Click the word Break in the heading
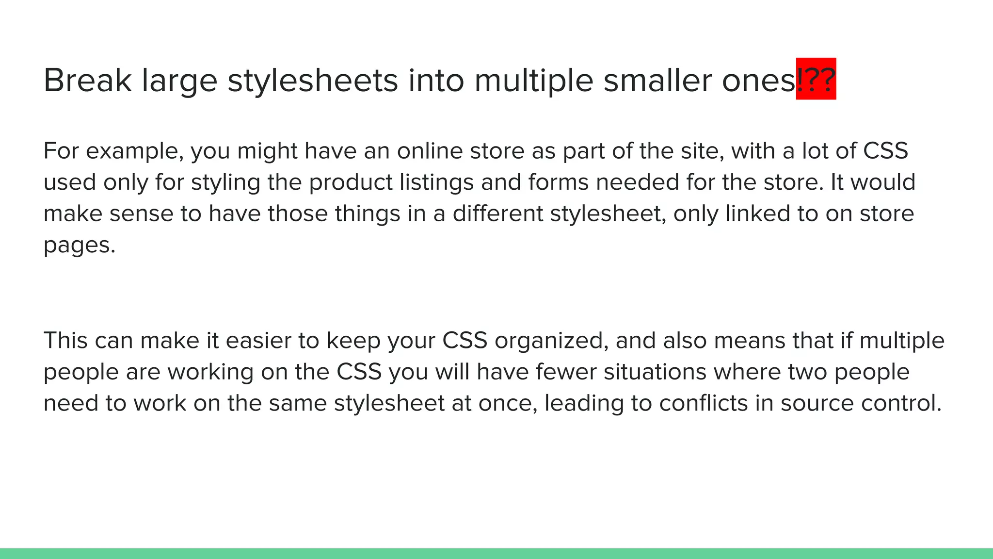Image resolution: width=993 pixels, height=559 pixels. coord(87,80)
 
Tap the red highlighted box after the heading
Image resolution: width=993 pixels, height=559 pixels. coord(816,79)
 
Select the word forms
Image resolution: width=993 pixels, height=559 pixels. coord(558,182)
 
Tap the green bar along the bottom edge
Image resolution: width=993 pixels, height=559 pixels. coord(496,554)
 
